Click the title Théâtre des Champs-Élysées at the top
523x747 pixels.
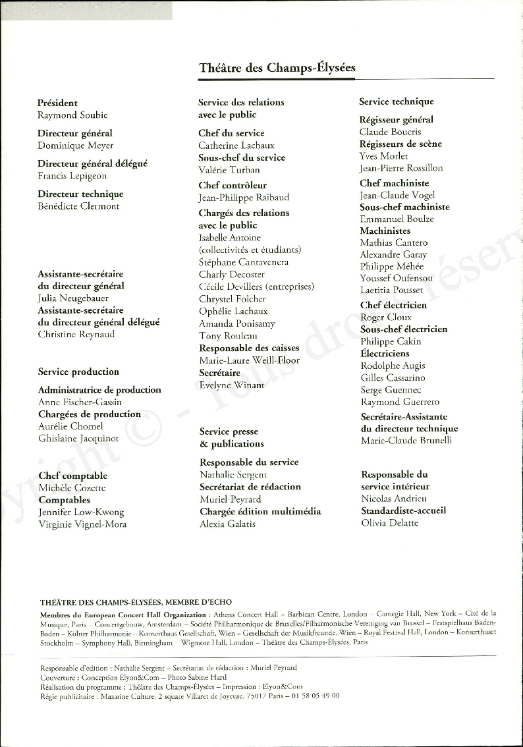[277, 68]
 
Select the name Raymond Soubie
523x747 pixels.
[72, 115]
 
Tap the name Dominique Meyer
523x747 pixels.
[75, 146]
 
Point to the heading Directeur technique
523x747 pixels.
[80, 194]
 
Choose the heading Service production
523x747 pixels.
[78, 372]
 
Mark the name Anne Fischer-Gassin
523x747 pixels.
[80, 402]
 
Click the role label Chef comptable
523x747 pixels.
[72, 476]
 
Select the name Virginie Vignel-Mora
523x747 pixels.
[82, 524]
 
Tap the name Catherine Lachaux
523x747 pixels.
[236, 146]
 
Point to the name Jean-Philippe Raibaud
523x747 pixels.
[244, 198]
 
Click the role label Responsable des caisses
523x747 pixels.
[249, 348]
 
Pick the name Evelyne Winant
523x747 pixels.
[232, 385]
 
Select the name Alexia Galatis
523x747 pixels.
[227, 524]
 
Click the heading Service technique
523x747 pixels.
[397, 102]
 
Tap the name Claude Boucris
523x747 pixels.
[390, 132]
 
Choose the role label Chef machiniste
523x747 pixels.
[394, 183]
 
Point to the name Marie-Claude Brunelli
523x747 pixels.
[406, 441]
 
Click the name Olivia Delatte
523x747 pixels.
[390, 523]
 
